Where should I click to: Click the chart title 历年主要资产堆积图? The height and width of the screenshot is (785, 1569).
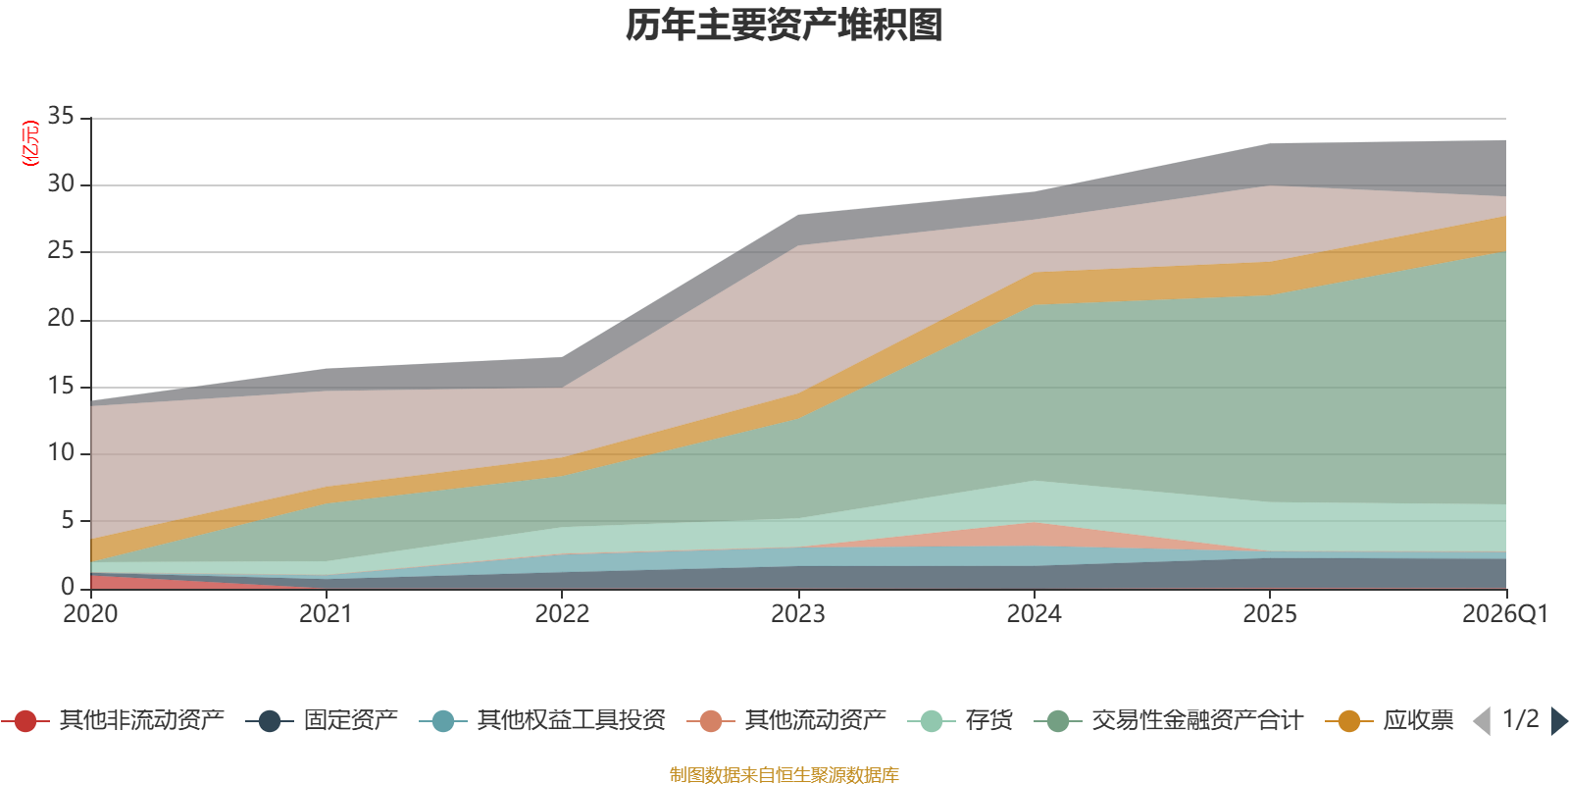tap(784, 26)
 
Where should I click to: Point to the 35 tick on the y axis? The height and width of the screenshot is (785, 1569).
tap(61, 117)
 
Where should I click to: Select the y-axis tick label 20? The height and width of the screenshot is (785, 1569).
tap(61, 318)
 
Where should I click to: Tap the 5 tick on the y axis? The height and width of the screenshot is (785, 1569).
tap(68, 520)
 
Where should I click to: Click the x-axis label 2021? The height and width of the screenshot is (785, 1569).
tap(326, 614)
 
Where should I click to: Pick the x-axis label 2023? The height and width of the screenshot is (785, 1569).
tap(797, 614)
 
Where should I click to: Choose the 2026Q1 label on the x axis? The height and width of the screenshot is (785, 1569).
tap(1504, 614)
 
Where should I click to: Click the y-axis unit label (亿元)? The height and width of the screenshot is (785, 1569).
tap(30, 143)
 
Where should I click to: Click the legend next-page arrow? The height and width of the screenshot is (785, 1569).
tap(1559, 721)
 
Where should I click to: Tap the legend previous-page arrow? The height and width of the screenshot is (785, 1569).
tap(1482, 721)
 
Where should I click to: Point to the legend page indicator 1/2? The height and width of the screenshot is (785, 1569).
tap(1520, 719)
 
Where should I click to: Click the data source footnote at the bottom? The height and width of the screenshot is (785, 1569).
tap(784, 775)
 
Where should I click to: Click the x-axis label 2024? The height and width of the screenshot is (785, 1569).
tap(1034, 614)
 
